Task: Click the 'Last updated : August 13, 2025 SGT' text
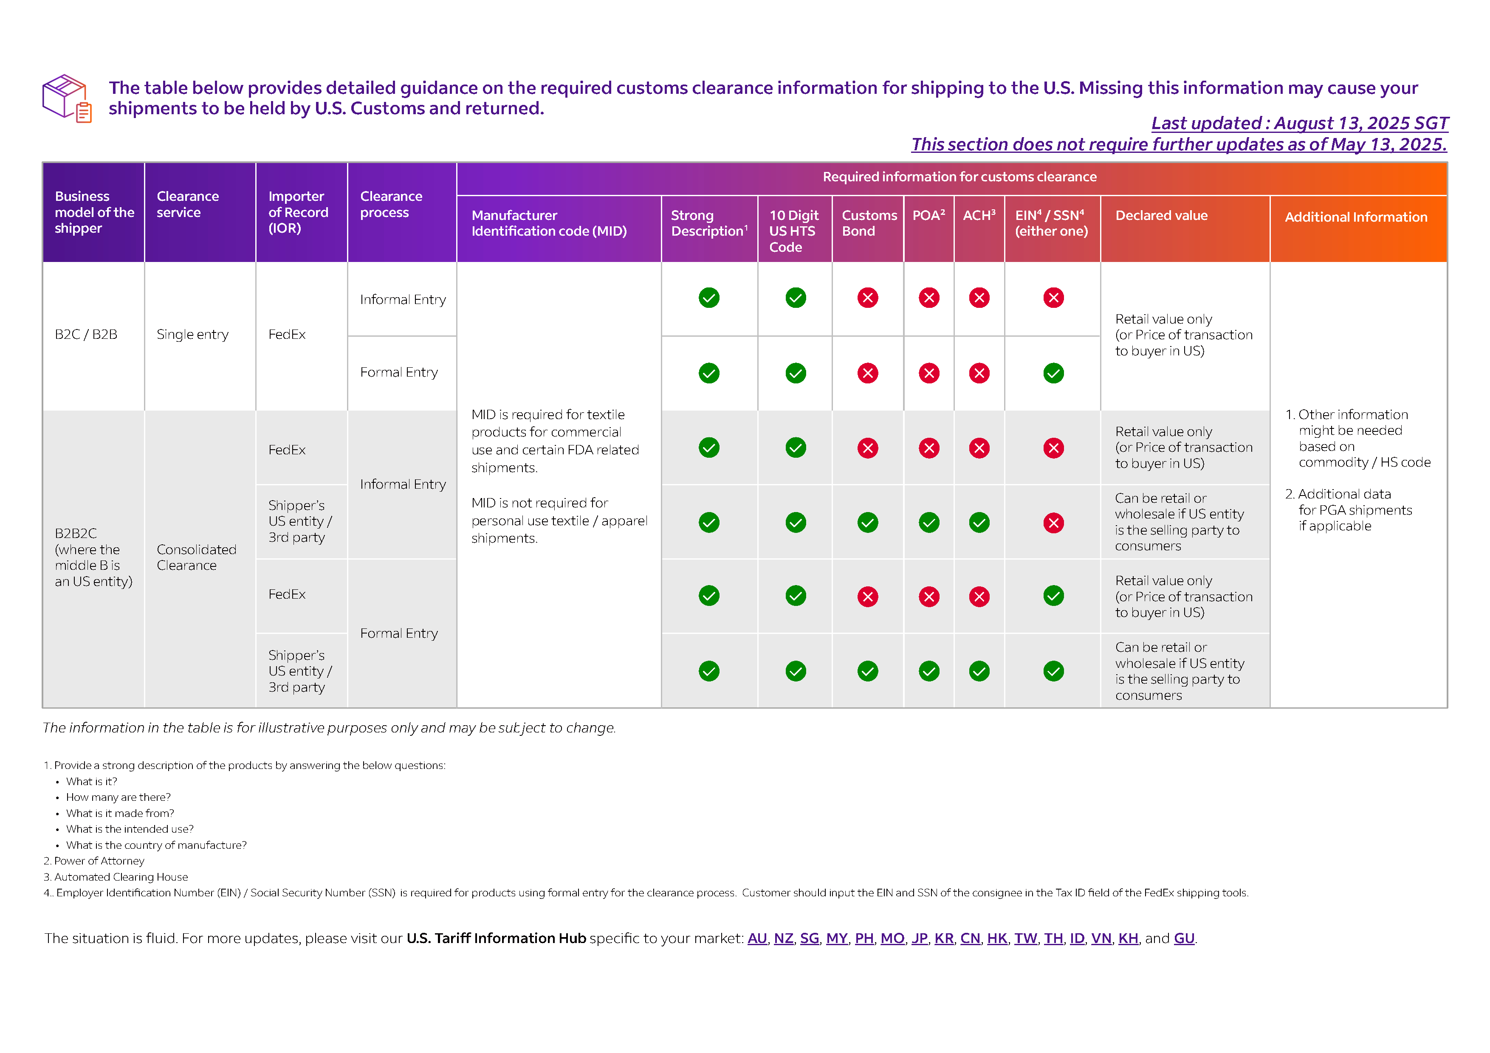1299,123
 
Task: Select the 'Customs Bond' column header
868,223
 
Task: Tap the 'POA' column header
928,215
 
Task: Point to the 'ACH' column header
979,215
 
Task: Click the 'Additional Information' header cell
1356,217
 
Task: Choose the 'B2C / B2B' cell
86,335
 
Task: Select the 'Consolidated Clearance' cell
196,557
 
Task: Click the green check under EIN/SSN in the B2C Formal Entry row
1053,373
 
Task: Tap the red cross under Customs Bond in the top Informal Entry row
868,298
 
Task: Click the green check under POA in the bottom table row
928,671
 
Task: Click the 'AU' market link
757,938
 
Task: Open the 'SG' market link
809,938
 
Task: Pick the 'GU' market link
1184,938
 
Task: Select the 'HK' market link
997,938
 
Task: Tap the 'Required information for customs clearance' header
959,177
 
